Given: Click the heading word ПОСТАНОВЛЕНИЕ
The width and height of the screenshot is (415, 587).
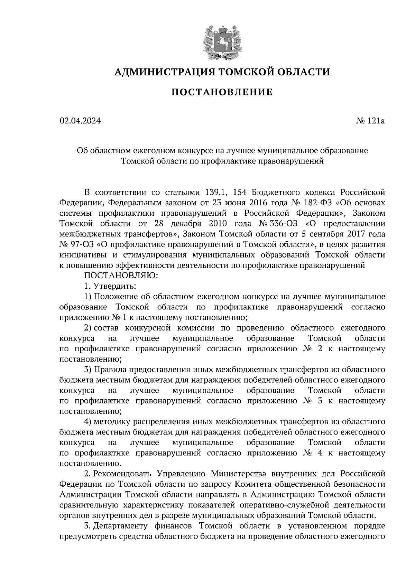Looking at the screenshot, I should click(x=222, y=92).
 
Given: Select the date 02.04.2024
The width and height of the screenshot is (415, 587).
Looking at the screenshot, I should click(x=80, y=121).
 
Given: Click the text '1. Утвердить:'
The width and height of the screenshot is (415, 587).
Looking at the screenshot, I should click(x=110, y=286).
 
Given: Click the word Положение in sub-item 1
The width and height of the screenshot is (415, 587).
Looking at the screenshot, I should click(x=115, y=297).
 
